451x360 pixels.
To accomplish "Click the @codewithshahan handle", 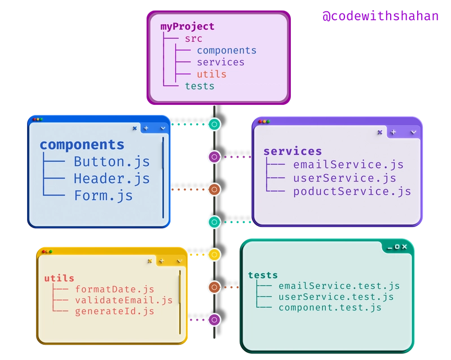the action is pyautogui.click(x=380, y=16).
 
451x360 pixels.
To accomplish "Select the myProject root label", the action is pyautogui.click(x=187, y=26).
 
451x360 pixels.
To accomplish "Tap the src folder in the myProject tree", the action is pyautogui.click(x=193, y=38).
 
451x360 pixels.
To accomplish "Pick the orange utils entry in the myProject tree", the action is pyautogui.click(x=212, y=74).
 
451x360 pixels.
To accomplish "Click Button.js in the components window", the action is pyautogui.click(x=112, y=162).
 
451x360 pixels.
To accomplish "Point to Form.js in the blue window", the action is pyautogui.click(x=103, y=195).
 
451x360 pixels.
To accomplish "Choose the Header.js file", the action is pyautogui.click(x=112, y=179).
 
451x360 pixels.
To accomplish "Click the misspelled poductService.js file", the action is pyautogui.click(x=352, y=192).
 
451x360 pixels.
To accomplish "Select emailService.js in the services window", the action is pyautogui.click(x=348, y=165).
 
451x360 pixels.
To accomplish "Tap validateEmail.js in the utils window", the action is pyautogui.click(x=123, y=300).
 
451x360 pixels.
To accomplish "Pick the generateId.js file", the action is pyautogui.click(x=114, y=311).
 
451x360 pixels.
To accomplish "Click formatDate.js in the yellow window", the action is pyautogui.click(x=114, y=289).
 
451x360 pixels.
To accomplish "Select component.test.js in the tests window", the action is pyautogui.click(x=330, y=308).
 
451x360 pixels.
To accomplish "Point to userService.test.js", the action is pyautogui.click(x=336, y=297).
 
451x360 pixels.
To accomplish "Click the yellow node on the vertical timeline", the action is pyautogui.click(x=214, y=255).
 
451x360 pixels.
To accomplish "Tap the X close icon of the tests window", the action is pyautogui.click(x=404, y=247).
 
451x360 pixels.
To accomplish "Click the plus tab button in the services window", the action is pyautogui.click(x=393, y=132).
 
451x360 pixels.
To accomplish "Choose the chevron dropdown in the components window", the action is pyautogui.click(x=163, y=128).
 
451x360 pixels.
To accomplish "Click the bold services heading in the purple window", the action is pyautogui.click(x=293, y=152).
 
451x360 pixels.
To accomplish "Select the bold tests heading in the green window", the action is pyautogui.click(x=263, y=275).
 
